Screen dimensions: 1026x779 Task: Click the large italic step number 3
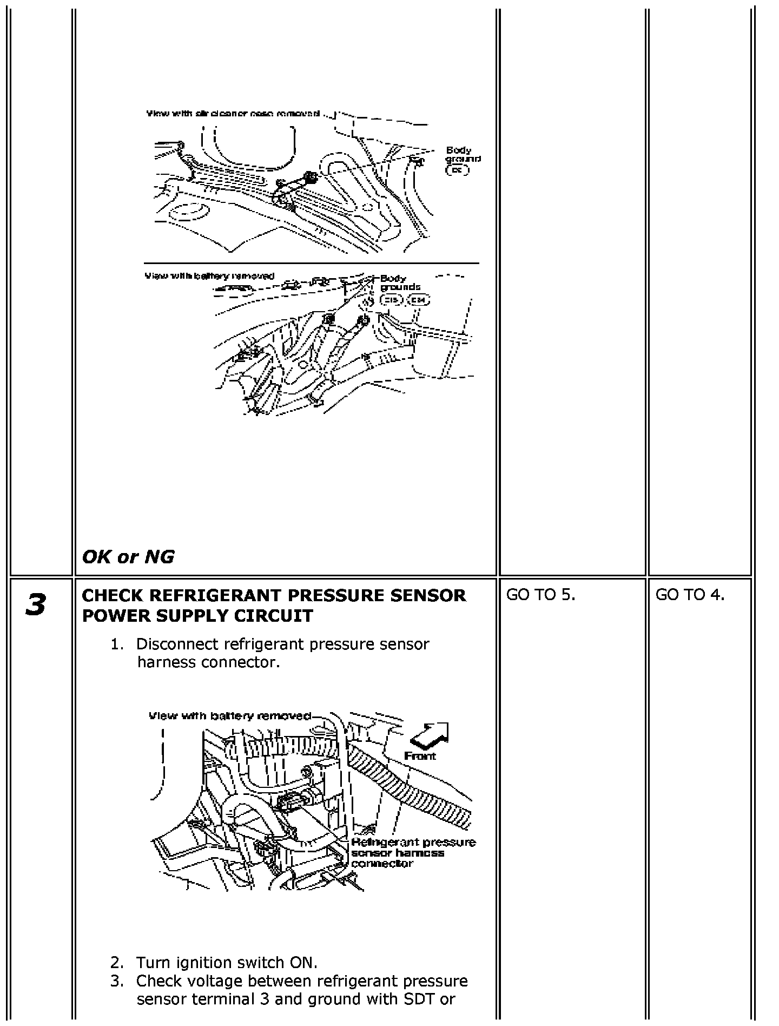36,604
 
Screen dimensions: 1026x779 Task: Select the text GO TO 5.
540,595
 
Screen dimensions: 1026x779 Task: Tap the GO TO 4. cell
690,595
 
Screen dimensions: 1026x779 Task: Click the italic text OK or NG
128,556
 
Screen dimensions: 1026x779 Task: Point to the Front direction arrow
430,735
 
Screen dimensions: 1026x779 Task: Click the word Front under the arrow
420,755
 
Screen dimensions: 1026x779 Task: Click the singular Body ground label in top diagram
463,154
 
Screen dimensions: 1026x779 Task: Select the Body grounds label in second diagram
400,282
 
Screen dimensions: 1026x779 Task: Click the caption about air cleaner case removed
233,114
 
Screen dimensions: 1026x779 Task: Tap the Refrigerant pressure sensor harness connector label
413,853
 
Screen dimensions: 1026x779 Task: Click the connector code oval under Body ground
458,170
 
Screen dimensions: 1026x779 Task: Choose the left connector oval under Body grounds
391,300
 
